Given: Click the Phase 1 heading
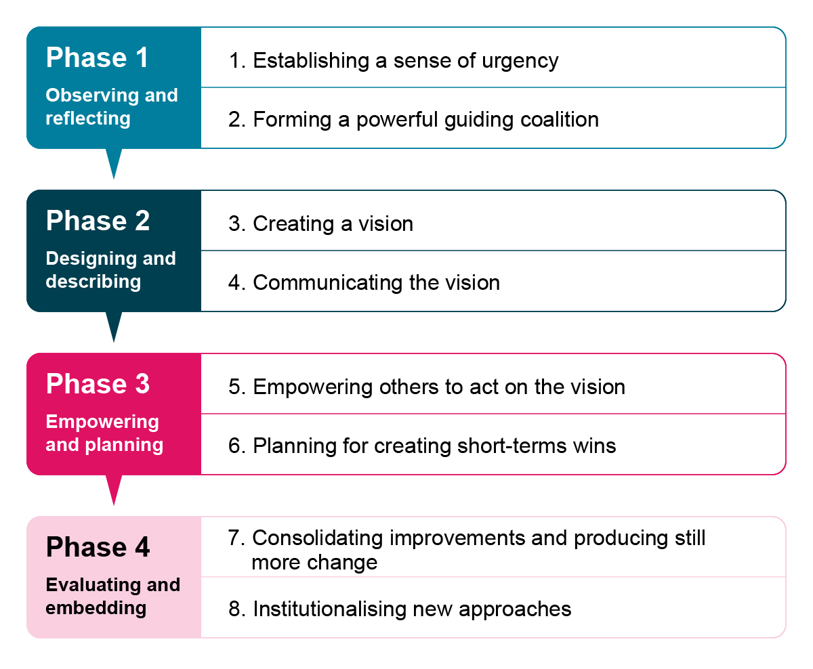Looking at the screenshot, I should coord(97,58).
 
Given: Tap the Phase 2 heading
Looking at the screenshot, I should coord(98,221).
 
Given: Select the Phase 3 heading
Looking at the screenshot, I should coord(98,384).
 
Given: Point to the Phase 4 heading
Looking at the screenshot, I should coord(98,547).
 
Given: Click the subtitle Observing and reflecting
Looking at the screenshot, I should coord(111,106).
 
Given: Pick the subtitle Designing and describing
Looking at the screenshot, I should coord(110,269).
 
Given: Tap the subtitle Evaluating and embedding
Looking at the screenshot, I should coord(112,596).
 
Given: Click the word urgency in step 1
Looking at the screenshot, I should coord(520,61).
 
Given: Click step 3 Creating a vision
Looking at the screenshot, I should coord(320,224).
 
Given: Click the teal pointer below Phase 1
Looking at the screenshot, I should coord(114,163).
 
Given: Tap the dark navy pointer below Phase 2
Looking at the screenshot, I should coord(114,326).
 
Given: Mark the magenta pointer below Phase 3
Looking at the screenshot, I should coord(114,489).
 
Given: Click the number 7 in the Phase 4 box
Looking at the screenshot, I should coord(234,538).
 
